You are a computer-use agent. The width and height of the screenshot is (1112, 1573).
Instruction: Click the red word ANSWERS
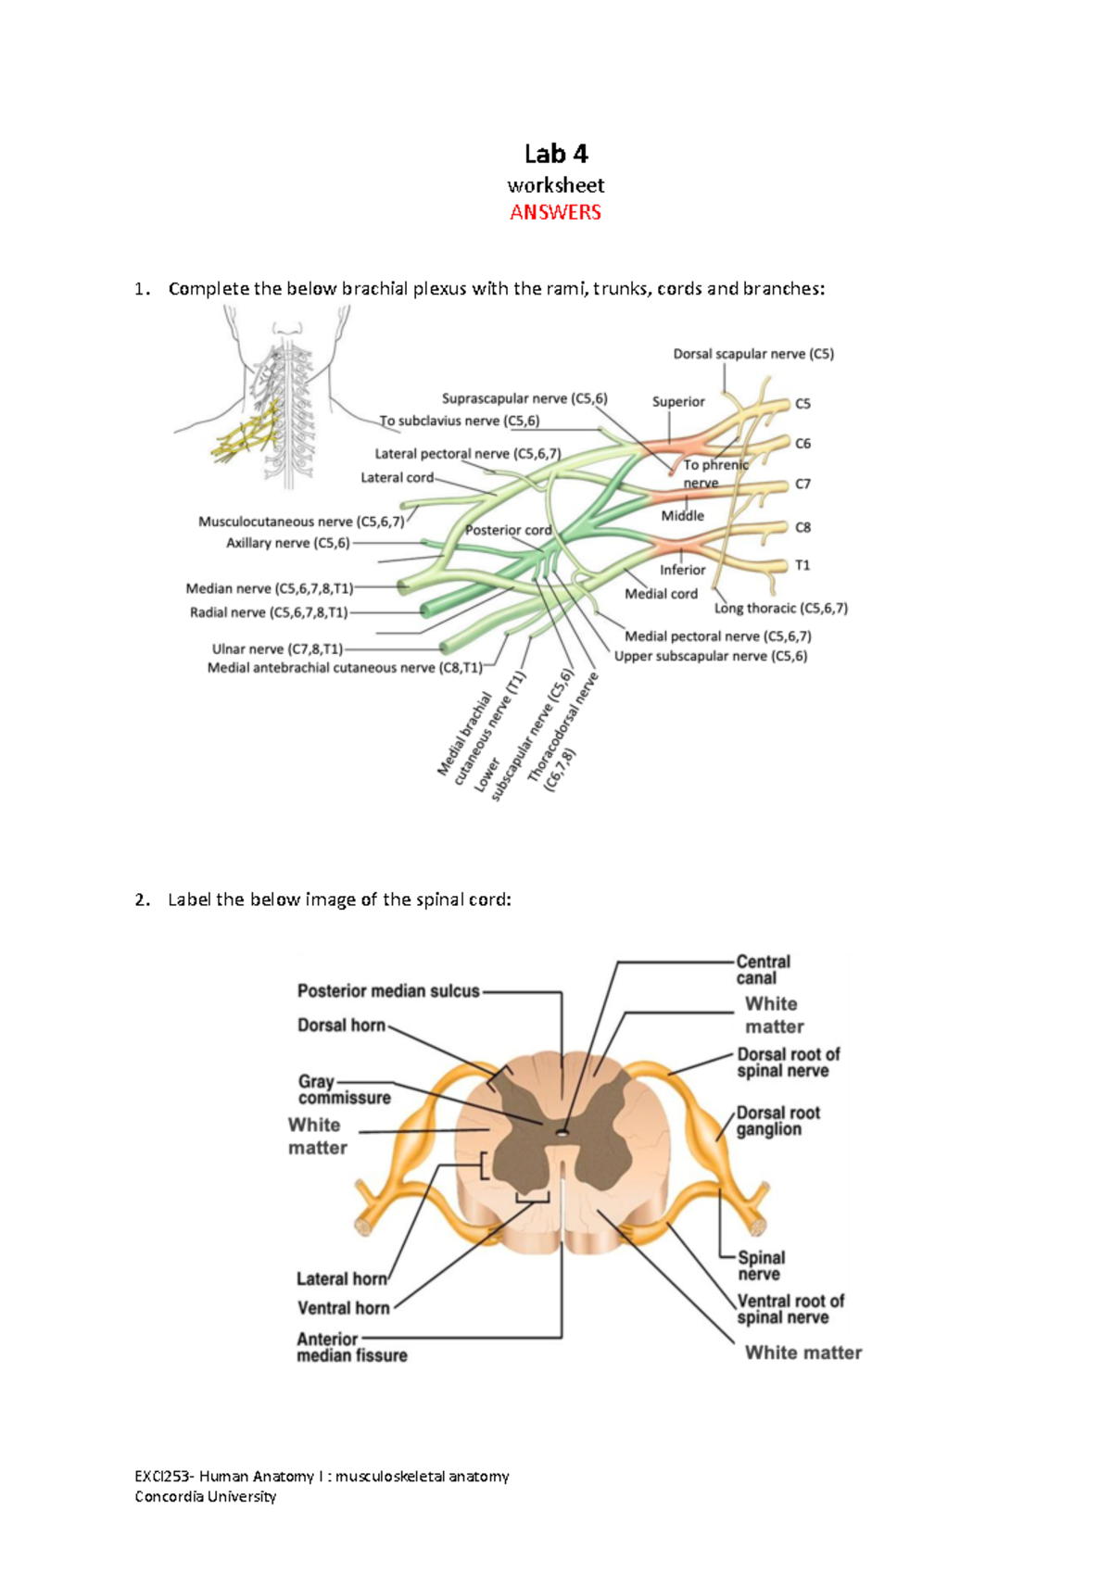click(555, 212)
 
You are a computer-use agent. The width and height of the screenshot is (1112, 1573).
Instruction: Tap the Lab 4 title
click(556, 153)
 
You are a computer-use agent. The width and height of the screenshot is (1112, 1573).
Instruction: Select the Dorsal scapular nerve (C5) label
click(753, 354)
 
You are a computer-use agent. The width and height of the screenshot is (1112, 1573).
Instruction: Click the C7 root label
click(802, 484)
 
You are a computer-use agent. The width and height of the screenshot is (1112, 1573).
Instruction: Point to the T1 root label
click(802, 565)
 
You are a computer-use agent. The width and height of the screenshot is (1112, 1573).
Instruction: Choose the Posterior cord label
click(508, 530)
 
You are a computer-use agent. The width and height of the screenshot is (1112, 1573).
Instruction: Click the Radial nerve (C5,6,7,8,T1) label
click(269, 612)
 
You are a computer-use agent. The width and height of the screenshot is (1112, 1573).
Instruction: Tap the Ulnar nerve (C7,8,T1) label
click(277, 649)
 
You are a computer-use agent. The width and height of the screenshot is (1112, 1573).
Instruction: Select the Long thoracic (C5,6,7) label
click(780, 608)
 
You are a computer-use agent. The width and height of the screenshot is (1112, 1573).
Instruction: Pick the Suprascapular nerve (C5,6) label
click(524, 398)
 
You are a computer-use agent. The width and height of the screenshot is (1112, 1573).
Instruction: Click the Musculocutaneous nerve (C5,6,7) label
click(301, 522)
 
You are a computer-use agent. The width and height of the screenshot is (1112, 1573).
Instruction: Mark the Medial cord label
click(661, 594)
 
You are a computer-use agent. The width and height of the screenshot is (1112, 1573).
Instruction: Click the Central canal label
click(763, 970)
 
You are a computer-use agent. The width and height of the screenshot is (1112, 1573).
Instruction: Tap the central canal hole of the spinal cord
click(562, 1133)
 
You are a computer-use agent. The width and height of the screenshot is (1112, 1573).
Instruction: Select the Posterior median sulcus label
click(388, 991)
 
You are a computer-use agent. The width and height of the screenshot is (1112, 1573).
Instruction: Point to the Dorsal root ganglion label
click(777, 1121)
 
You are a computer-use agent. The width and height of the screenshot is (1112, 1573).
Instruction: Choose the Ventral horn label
click(343, 1308)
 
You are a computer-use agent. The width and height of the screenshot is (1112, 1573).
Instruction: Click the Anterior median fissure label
click(351, 1347)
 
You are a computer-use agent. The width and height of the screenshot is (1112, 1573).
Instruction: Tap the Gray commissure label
click(344, 1089)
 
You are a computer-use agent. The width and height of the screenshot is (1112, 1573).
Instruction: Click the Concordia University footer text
click(206, 1496)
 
